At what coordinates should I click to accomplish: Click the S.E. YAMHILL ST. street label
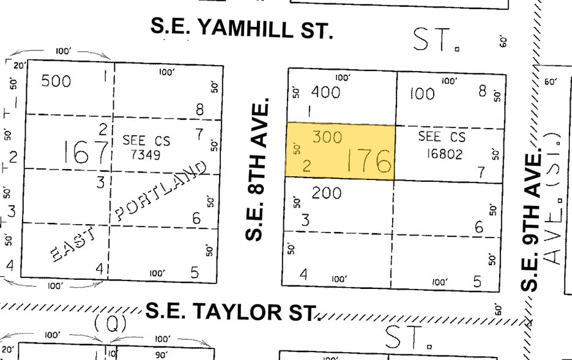pyautogui.click(x=242, y=28)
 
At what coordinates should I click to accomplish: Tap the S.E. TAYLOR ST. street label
pyautogui.click(x=232, y=311)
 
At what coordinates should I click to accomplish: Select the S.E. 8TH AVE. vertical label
pyautogui.click(x=258, y=170)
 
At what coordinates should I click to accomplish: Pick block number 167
pyautogui.click(x=86, y=152)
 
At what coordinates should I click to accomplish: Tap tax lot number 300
pyautogui.click(x=327, y=137)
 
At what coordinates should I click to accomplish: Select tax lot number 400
pyautogui.click(x=325, y=92)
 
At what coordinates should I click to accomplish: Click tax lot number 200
pyautogui.click(x=326, y=193)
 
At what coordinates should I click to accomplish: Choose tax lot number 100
pyautogui.click(x=422, y=94)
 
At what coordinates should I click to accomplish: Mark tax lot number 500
pyautogui.click(x=56, y=81)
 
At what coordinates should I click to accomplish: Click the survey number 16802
pyautogui.click(x=442, y=153)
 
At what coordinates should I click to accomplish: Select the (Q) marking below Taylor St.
pyautogui.click(x=111, y=323)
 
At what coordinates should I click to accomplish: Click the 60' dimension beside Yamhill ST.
pyautogui.click(x=503, y=42)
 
